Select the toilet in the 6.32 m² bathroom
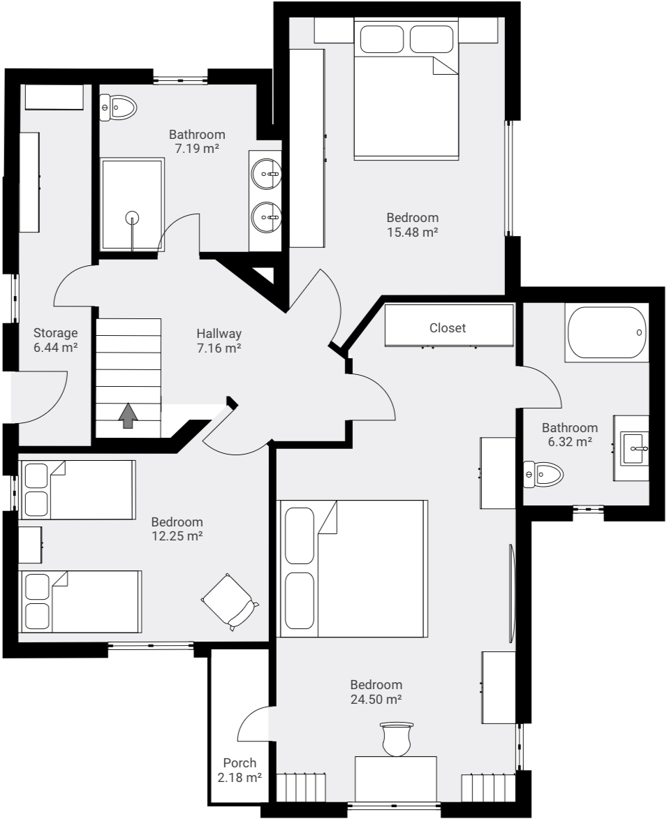(543, 475)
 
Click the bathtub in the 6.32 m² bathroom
(606, 333)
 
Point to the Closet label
(447, 327)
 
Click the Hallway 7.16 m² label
(219, 341)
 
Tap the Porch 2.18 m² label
(240, 770)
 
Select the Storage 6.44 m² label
(55, 339)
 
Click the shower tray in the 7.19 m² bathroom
(132, 204)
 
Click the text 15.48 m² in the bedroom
(412, 233)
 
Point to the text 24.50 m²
(376, 699)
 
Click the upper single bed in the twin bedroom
(77, 489)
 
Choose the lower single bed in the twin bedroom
(80, 601)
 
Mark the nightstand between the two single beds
(30, 545)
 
